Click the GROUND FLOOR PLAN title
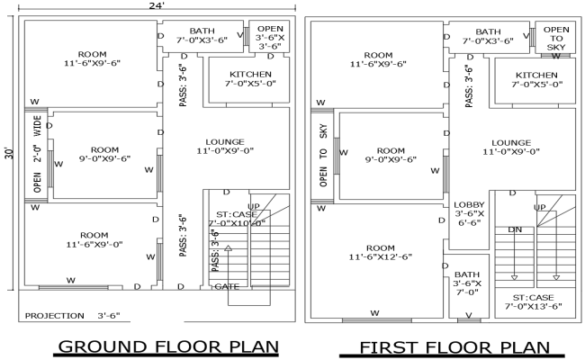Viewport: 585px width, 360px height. click(x=167, y=346)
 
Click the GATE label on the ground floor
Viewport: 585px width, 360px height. click(x=226, y=286)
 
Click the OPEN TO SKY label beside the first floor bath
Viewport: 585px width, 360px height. click(x=557, y=38)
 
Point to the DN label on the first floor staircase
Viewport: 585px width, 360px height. click(x=516, y=229)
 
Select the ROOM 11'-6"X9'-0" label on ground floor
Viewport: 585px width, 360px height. click(x=92, y=238)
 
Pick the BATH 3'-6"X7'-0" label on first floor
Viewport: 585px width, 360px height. click(x=466, y=283)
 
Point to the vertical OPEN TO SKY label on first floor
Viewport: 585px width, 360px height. click(x=323, y=157)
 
